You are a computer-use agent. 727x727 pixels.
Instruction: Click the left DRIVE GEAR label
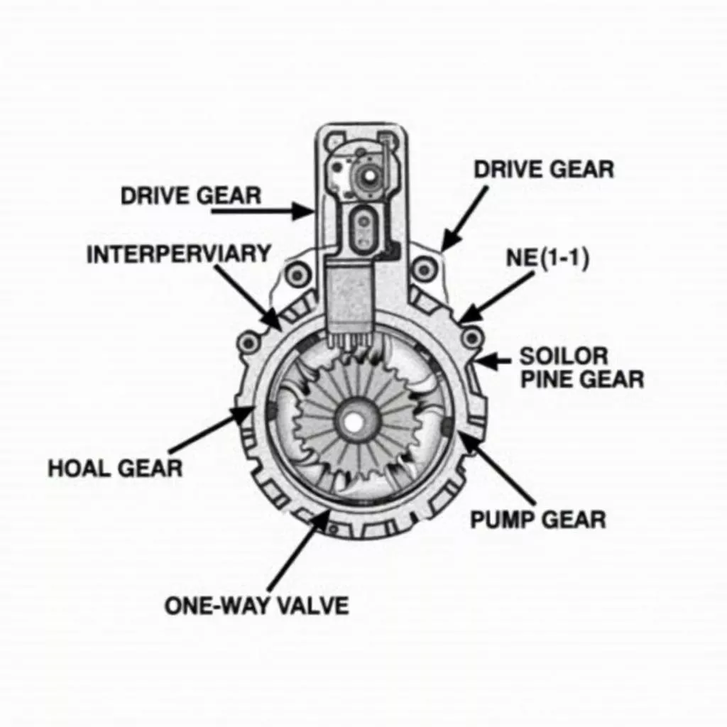[x=190, y=196]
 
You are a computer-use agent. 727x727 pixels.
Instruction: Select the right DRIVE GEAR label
[x=543, y=169]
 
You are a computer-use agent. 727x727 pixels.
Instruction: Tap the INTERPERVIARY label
[x=178, y=254]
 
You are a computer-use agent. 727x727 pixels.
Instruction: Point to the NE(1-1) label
[x=547, y=259]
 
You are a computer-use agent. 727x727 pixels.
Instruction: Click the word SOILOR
[x=564, y=355]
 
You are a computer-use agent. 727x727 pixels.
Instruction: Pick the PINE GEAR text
[x=582, y=379]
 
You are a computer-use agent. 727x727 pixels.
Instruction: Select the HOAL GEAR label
[x=115, y=468]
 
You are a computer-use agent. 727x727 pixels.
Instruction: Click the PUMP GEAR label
[x=538, y=519]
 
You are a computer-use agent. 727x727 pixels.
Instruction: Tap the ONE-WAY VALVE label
[x=256, y=606]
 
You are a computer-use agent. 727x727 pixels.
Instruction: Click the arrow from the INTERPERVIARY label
[x=245, y=297]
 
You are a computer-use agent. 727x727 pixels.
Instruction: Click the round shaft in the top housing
[x=368, y=175]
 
